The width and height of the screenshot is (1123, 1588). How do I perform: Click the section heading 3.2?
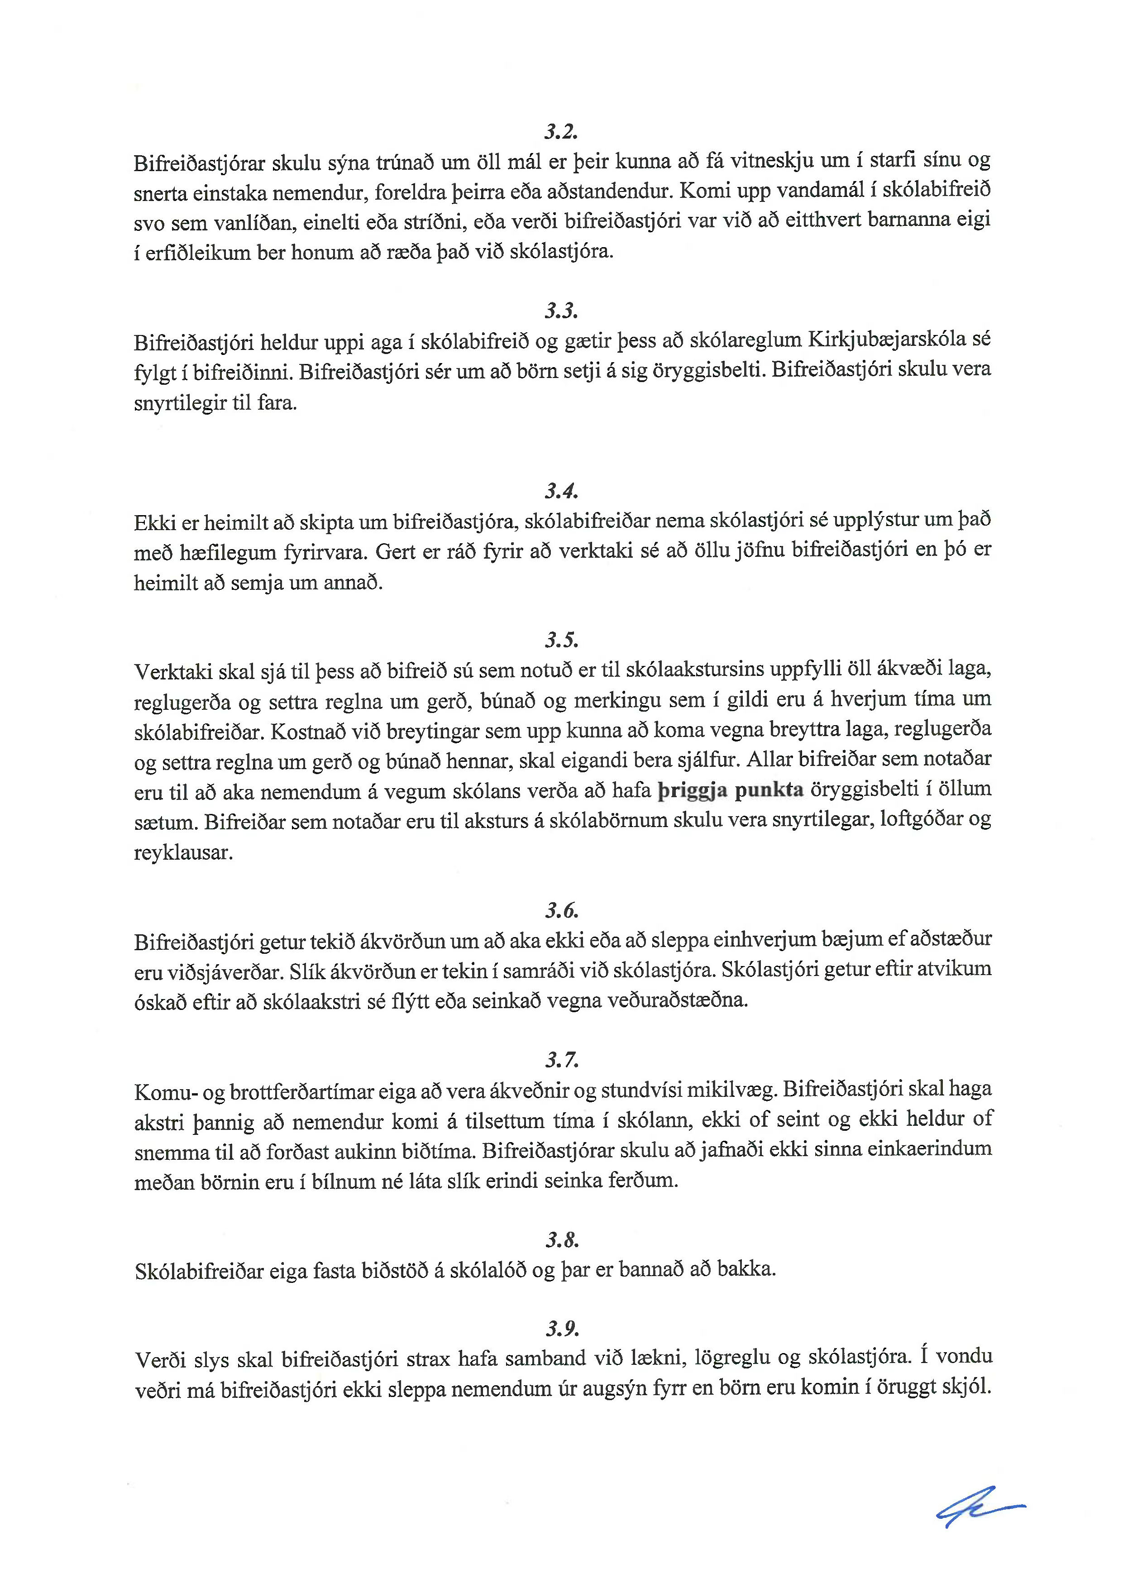click(561, 131)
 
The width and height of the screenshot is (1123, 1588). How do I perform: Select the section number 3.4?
click(561, 491)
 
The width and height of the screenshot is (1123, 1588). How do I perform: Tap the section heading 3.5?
click(561, 641)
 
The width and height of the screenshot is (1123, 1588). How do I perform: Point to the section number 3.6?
click(561, 910)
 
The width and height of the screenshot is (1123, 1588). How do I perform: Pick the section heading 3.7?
click(561, 1060)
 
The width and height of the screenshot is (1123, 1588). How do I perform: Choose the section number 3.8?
click(561, 1239)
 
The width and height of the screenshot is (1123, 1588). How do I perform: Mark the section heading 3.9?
click(561, 1329)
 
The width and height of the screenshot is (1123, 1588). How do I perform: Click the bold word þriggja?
click(692, 790)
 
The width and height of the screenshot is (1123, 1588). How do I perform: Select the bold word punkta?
click(768, 790)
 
